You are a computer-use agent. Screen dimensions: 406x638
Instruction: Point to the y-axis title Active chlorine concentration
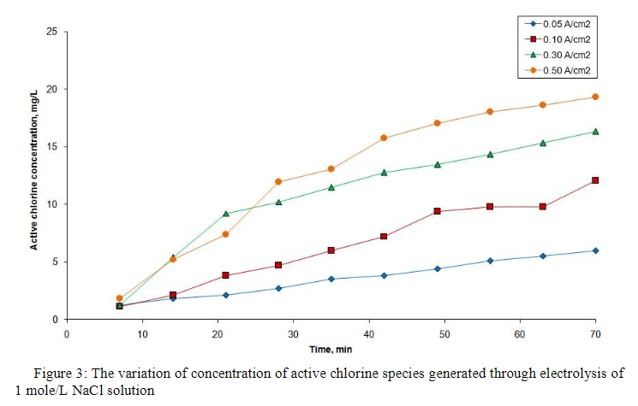pos(35,176)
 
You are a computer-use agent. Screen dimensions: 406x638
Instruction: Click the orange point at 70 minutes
pos(595,97)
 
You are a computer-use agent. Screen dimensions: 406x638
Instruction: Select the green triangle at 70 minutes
pos(595,132)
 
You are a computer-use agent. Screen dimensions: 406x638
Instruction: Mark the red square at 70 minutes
pos(595,180)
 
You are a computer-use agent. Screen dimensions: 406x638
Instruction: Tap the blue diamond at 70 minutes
pos(595,250)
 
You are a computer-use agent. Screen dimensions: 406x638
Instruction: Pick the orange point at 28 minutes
pos(277,181)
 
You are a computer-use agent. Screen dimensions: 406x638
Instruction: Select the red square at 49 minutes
pos(437,211)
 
